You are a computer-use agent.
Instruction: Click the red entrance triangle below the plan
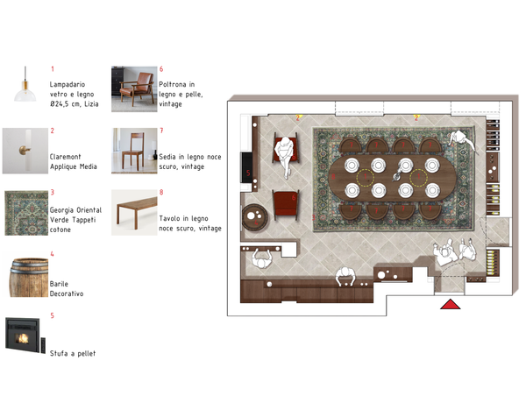coord(451,304)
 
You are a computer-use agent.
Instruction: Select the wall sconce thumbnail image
coord(25,151)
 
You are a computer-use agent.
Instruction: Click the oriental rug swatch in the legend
coord(26,213)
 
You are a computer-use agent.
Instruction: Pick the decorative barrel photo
coord(29,277)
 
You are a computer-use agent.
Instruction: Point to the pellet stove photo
coord(25,336)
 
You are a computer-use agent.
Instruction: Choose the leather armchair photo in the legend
coord(134,89)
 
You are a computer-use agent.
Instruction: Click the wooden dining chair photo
coord(134,151)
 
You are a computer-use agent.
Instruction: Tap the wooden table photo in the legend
coord(134,213)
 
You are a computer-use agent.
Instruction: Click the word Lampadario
coord(68,84)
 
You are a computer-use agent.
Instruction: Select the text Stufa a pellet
coord(73,353)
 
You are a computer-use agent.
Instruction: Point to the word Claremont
coord(66,157)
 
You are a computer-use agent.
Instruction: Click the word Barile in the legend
coord(59,284)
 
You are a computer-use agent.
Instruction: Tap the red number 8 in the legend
coord(161,193)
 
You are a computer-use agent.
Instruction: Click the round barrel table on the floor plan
coord(254,217)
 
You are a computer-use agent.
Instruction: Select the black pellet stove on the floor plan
coord(247,167)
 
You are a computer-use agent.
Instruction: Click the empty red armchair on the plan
coord(286,205)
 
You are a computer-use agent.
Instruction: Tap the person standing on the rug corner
coord(462,140)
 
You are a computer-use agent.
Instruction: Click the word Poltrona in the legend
coord(173,84)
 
